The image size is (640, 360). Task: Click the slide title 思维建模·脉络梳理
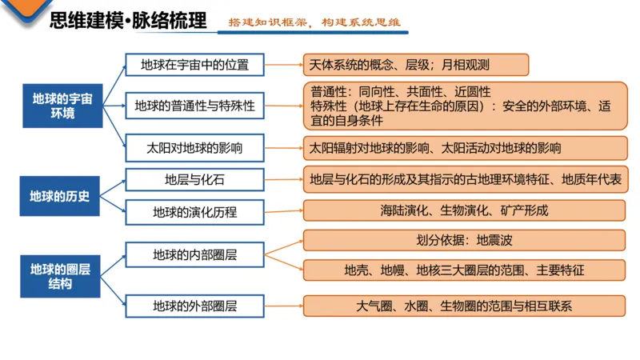pos(128,21)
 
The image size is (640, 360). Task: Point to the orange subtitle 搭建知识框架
pos(268,22)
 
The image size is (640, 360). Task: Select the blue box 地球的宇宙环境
pos(62,106)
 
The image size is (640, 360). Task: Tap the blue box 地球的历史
pos(59,196)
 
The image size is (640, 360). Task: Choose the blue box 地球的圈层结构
pos(60,276)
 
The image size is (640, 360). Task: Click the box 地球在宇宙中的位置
pos(194,65)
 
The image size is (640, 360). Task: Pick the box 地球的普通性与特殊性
pos(194,106)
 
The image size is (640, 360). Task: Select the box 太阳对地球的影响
pos(194,148)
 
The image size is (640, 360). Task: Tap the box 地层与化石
pos(194,179)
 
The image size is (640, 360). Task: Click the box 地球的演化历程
pos(194,212)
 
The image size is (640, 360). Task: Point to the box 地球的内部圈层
pos(194,255)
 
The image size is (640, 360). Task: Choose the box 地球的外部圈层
pos(194,306)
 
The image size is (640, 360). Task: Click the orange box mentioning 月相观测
pos(416,65)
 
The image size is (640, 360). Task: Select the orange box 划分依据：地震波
pos(464,240)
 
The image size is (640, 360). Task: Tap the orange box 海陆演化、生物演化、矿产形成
pos(464,210)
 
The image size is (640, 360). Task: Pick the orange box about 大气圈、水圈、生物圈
pos(464,306)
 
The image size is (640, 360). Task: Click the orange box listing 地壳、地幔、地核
pos(464,270)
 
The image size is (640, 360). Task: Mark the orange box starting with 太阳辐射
pos(466,148)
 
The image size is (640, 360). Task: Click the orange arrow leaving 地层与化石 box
pos(284,179)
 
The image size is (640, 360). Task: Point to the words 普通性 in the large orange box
pos(329,91)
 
